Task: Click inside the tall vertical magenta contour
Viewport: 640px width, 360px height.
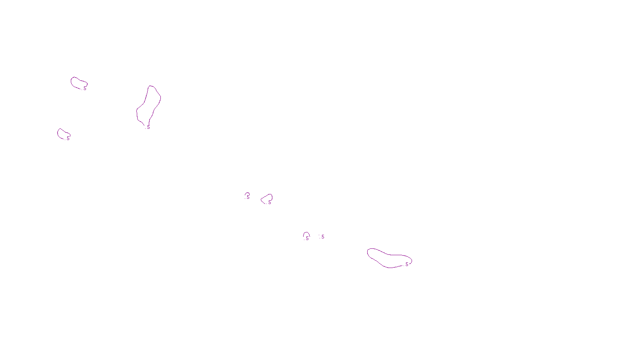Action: coord(149,105)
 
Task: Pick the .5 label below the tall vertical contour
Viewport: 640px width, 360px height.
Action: coord(148,127)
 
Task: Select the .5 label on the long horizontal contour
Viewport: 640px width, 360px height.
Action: coord(407,264)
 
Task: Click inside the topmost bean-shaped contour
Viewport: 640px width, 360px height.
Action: coord(78,83)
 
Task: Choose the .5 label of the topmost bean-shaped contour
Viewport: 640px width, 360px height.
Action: coord(84,88)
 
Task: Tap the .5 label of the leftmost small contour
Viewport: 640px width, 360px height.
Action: coord(68,138)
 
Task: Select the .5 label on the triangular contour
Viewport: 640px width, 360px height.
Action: coord(269,202)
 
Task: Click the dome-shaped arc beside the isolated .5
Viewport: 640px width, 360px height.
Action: coord(306,234)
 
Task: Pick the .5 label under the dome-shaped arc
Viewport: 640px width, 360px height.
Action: coord(307,238)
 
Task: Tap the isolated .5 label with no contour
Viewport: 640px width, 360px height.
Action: coord(322,237)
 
